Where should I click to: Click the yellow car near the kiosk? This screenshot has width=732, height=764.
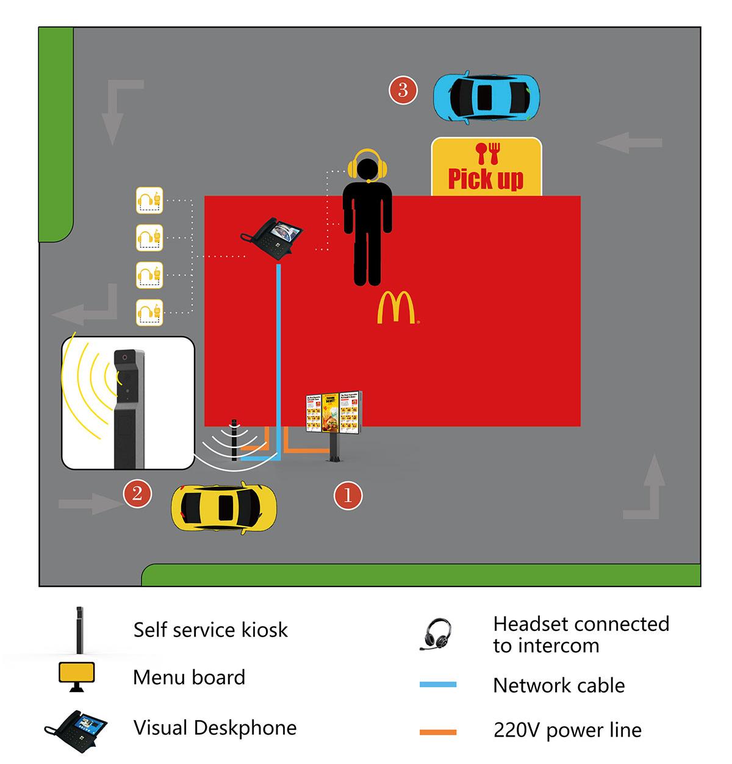[224, 508]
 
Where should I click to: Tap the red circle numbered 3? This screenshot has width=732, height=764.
[403, 90]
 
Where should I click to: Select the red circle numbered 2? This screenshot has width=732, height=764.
[137, 493]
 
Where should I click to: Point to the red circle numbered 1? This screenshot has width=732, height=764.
[348, 495]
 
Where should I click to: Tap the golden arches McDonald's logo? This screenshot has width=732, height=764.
[396, 308]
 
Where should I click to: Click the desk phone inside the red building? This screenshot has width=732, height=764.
[273, 234]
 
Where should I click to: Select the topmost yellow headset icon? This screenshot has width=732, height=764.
[149, 200]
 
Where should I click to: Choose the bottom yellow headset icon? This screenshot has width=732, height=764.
[149, 312]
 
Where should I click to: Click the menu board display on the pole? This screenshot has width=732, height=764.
[334, 413]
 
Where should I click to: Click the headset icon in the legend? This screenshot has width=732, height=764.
[437, 635]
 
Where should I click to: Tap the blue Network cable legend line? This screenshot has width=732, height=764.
[438, 685]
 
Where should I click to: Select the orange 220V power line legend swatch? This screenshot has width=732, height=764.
[438, 731]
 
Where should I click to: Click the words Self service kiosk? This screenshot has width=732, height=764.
[210, 630]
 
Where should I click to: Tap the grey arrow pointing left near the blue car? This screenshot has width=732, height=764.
[630, 143]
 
